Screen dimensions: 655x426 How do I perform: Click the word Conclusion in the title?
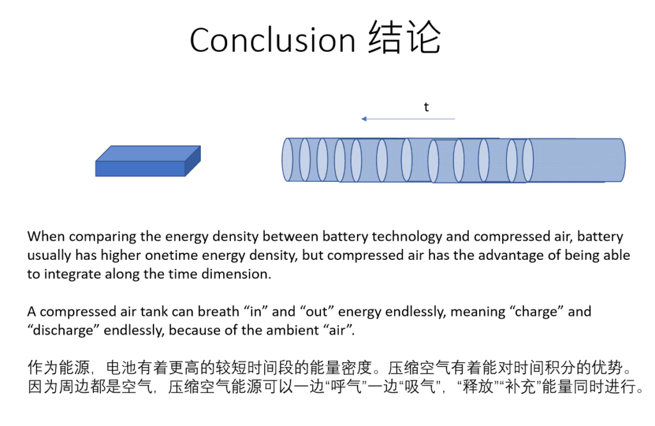tap(272, 40)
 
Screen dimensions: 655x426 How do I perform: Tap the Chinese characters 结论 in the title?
tap(404, 38)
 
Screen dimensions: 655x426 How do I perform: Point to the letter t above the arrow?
tap(426, 107)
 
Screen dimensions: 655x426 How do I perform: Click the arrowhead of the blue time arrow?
tap(364, 119)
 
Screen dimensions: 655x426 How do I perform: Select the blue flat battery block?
tap(148, 161)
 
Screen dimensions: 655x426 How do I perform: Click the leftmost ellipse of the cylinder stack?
tap(287, 160)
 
